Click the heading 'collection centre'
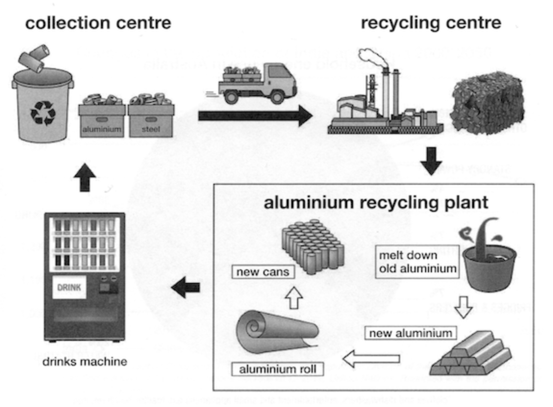click(x=98, y=23)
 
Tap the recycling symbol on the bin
click(x=40, y=113)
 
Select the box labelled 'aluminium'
click(x=102, y=120)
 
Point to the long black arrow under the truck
click(x=255, y=116)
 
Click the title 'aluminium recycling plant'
click(x=376, y=203)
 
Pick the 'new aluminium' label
click(x=409, y=333)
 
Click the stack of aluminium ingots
click(x=469, y=353)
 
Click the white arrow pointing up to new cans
click(x=293, y=298)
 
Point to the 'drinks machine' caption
click(x=85, y=361)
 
